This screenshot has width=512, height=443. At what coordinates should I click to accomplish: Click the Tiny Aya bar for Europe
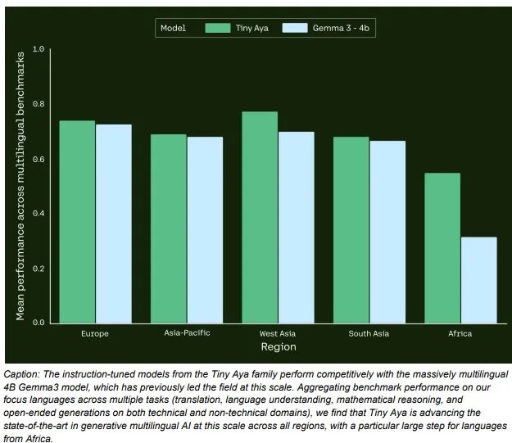click(77, 221)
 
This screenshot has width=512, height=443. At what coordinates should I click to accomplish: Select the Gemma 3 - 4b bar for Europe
click(113, 224)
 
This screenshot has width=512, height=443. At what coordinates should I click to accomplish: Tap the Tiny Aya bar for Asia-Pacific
click(168, 228)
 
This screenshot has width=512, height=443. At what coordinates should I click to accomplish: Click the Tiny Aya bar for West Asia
click(259, 217)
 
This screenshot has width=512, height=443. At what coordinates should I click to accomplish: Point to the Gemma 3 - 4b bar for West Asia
click(296, 227)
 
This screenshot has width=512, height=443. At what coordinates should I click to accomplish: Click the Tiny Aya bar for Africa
click(442, 247)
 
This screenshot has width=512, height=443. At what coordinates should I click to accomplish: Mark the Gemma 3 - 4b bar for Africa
click(478, 279)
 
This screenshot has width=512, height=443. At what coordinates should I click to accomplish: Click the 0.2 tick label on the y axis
click(39, 268)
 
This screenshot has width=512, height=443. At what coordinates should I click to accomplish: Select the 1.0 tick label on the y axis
click(39, 49)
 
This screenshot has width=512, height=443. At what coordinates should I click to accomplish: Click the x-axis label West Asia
click(278, 334)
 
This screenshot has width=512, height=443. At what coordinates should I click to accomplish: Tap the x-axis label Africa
click(460, 334)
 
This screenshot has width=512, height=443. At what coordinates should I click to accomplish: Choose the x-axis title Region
click(278, 347)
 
